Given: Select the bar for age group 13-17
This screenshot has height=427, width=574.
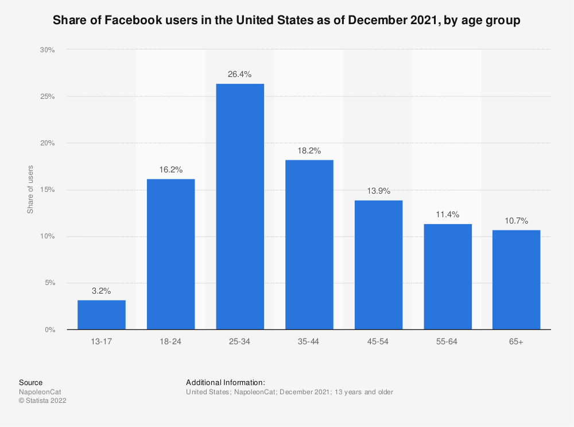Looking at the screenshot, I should click(102, 314).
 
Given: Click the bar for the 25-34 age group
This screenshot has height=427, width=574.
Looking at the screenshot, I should click(240, 206).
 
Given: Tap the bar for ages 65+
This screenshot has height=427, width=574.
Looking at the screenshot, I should click(516, 279).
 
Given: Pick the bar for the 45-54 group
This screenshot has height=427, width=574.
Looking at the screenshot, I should click(378, 264).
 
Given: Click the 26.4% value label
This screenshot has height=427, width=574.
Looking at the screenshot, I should click(240, 74).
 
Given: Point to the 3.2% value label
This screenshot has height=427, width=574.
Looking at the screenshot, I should click(102, 290).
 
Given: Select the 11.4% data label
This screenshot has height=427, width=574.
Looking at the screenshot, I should click(447, 214).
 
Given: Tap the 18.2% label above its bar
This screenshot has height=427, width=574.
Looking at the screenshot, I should click(309, 151).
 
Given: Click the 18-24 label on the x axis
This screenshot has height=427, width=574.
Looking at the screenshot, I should click(170, 341).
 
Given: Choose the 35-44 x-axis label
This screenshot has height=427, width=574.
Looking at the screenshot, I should click(309, 341).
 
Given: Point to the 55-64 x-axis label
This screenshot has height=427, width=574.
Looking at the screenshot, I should click(447, 341).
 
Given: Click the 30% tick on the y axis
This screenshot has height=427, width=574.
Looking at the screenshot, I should click(47, 50).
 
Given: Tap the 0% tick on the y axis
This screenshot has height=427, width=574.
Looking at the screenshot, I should click(49, 330).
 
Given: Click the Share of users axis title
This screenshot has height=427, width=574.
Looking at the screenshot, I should click(30, 190).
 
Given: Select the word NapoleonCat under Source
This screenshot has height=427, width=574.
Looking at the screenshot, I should click(40, 392).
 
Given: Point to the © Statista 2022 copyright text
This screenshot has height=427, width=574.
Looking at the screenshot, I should click(42, 401).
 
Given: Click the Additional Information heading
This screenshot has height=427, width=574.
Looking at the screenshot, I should click(225, 382).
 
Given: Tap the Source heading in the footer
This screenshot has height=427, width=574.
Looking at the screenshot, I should click(30, 382).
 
